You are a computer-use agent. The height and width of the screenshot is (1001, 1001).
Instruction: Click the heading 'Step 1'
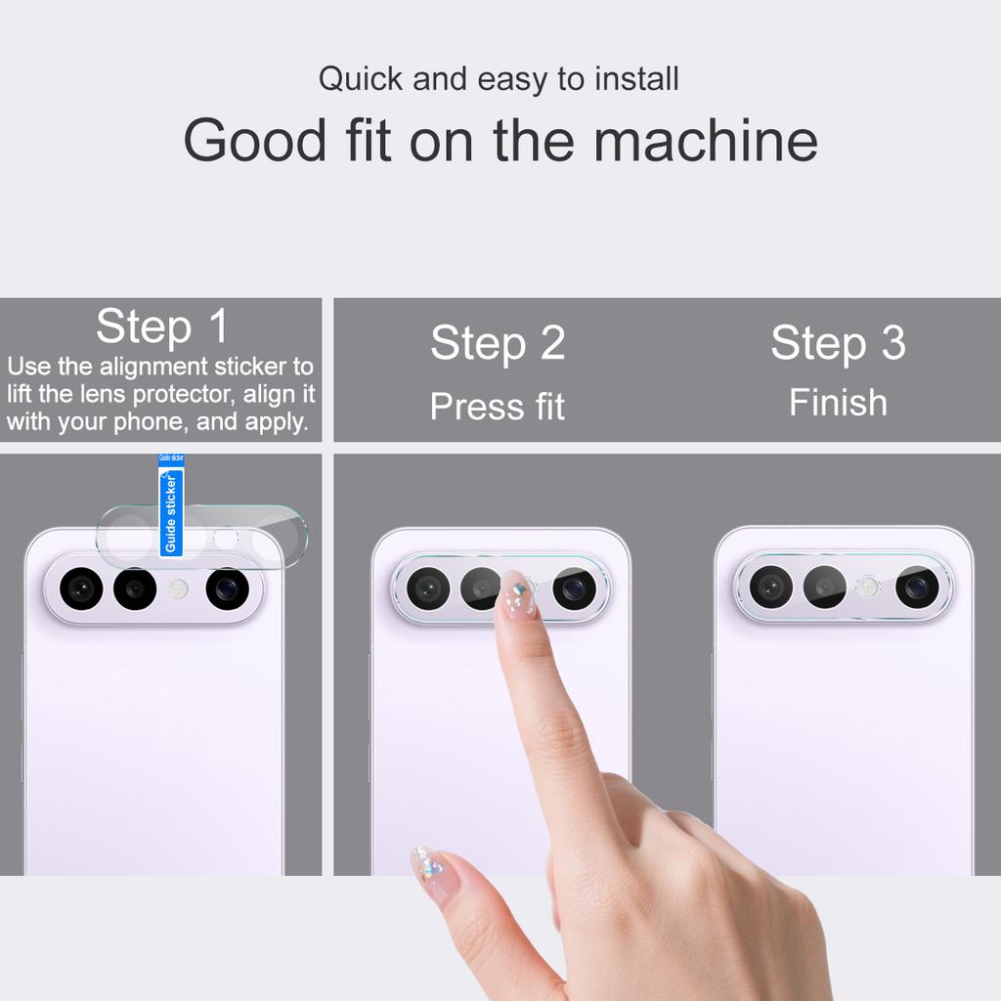click(x=161, y=326)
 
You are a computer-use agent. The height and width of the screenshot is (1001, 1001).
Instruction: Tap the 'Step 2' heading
click(x=498, y=343)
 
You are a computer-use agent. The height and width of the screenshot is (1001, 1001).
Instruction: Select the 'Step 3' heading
click(x=838, y=343)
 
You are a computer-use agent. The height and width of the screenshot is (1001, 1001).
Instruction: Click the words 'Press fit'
click(x=498, y=407)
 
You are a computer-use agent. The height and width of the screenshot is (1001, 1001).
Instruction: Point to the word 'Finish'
click(x=838, y=403)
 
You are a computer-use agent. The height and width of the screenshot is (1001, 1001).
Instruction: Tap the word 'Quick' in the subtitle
click(x=361, y=79)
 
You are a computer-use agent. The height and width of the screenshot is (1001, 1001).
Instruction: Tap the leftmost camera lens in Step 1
click(x=81, y=588)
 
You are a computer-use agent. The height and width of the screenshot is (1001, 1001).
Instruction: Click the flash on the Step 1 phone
click(x=178, y=588)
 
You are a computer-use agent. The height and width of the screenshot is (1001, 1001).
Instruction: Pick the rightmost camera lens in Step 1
click(x=227, y=588)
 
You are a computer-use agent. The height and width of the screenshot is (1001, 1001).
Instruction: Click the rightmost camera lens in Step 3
click(x=917, y=587)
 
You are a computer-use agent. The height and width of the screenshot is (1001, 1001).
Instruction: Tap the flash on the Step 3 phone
click(x=867, y=587)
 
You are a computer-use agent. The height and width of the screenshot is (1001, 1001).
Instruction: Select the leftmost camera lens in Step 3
click(x=771, y=587)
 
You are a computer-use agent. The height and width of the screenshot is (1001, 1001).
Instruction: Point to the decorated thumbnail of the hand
click(x=428, y=863)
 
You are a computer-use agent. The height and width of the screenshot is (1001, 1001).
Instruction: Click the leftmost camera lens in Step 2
click(x=428, y=588)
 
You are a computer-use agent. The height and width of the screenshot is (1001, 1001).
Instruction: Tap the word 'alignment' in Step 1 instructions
click(x=159, y=367)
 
